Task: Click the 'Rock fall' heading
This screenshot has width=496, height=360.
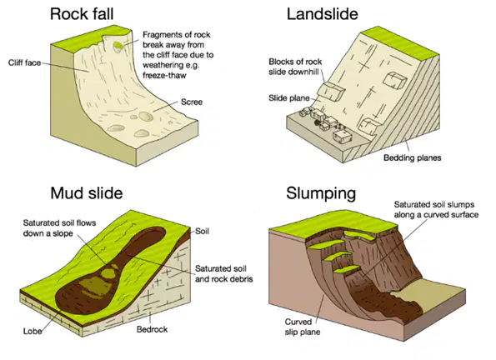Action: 82,14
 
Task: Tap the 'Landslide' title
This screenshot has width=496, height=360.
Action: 323,14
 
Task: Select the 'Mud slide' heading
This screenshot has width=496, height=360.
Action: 87,193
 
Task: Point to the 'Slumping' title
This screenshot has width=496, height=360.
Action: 321,193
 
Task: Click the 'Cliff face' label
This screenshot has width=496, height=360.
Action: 25,62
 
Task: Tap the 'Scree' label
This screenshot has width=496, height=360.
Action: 192,102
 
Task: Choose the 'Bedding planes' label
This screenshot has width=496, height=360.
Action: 412,157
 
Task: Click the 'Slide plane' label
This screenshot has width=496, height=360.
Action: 289,98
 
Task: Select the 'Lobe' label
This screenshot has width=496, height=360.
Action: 33,331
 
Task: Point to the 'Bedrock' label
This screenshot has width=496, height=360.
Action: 153,329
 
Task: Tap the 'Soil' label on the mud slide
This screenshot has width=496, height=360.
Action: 202,231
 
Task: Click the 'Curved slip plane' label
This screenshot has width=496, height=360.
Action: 303,327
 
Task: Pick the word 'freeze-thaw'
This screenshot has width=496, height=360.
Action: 164,75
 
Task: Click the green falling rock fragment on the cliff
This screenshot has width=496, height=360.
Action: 118,47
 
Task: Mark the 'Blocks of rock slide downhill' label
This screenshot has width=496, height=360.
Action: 295,67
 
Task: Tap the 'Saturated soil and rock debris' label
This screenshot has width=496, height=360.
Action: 224,273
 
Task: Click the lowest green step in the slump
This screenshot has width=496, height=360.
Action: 346,269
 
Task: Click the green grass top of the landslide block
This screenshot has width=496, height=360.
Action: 400,42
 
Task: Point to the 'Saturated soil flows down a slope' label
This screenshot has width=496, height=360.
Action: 59,228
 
